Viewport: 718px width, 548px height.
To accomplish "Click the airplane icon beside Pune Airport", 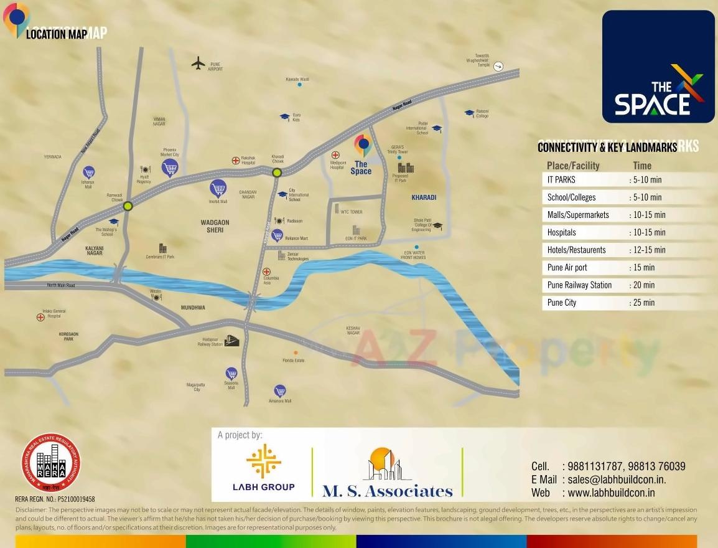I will pos(198,63).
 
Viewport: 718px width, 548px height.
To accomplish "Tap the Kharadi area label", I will pos(424,197).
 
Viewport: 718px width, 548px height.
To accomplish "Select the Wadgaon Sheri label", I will pos(215,226).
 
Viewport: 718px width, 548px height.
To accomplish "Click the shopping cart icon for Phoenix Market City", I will pos(170,167).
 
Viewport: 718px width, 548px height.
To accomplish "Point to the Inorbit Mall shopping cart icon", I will pos(218,187).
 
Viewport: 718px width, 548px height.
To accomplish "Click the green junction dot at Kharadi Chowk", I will pos(277,172).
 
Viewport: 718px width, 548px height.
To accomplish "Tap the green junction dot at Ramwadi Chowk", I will pos(128,206).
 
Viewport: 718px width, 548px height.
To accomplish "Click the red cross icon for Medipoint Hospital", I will pos(336,155).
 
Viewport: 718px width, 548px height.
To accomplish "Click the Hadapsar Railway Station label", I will pos(210,341).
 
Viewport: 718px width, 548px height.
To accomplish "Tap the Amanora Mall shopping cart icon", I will pos(279,391).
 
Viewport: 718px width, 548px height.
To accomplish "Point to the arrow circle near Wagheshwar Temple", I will pos(498,67).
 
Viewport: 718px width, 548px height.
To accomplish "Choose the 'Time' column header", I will pos(642,165).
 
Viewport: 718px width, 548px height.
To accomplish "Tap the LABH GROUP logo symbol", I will pos(263,461).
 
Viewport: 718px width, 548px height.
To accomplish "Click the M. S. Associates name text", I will pos(387,491).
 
